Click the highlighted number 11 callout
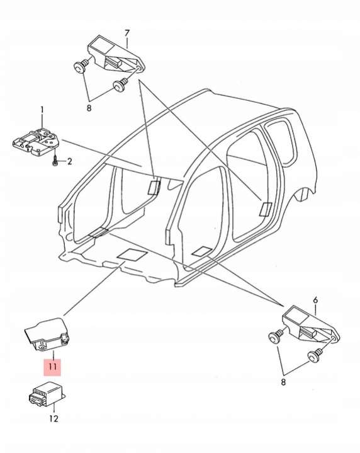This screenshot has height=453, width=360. point(52,367)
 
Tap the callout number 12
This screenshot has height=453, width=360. point(53,418)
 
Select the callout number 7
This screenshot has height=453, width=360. point(127,33)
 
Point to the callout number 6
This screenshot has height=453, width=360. point(315,300)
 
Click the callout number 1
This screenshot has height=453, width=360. point(42,110)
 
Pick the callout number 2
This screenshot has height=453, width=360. point(69,161)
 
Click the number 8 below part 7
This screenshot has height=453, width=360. point(89,108)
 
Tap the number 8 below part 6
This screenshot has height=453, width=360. point(283,382)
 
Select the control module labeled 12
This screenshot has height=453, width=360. point(47,394)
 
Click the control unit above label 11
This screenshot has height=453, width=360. point(48,335)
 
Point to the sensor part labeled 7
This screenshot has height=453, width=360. point(115,54)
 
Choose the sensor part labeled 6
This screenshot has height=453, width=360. point(311,324)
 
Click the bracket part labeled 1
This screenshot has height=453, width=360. point(36,142)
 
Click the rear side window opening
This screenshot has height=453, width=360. point(281,142)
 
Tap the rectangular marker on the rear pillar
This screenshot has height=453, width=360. point(266,209)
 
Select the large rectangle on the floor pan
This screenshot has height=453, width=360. point(132,255)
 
